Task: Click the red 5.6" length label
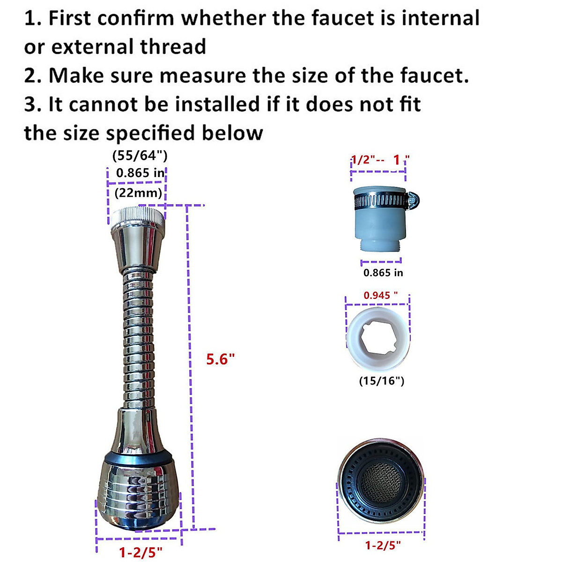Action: pyautogui.click(x=220, y=360)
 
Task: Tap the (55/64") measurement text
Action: pyautogui.click(x=140, y=155)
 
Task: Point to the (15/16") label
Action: pyautogui.click(x=381, y=381)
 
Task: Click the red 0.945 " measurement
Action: pyautogui.click(x=381, y=296)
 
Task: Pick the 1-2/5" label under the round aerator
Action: pyautogui.click(x=383, y=545)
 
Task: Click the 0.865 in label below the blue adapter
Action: pyautogui.click(x=383, y=273)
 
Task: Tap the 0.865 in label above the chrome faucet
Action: pyautogui.click(x=140, y=173)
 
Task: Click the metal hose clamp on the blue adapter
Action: pyautogui.click(x=379, y=202)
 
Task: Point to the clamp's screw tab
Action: pyautogui.click(x=413, y=200)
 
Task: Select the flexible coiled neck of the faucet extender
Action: pyautogui.click(x=139, y=337)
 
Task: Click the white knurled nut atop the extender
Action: pyautogui.click(x=138, y=216)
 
